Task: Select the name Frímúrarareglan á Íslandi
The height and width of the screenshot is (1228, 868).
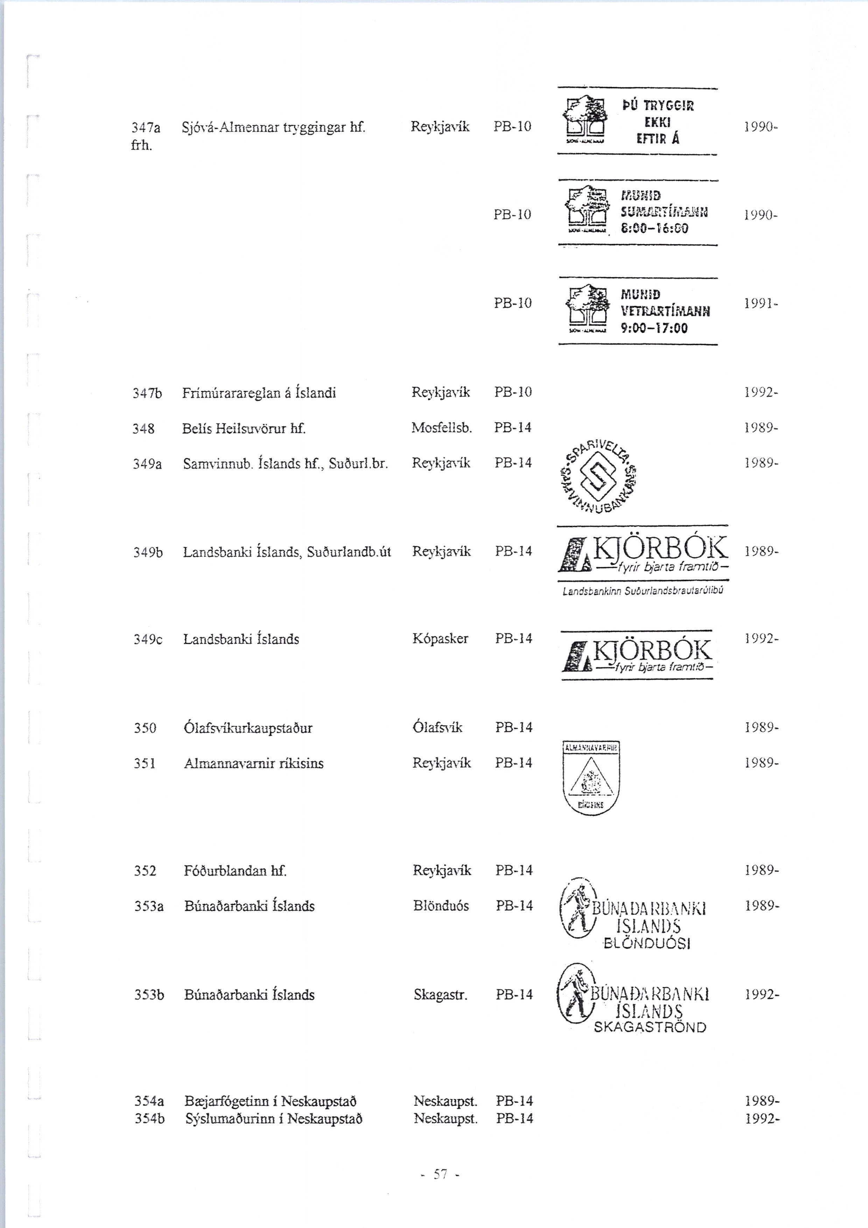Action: (259, 393)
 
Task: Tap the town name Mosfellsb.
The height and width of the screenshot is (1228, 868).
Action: (442, 428)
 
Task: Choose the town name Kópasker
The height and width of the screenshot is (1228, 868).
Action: (440, 639)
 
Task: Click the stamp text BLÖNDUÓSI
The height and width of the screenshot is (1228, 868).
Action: (646, 944)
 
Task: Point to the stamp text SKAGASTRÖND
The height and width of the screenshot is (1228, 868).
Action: (650, 1027)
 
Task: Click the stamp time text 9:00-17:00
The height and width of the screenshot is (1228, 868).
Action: (653, 327)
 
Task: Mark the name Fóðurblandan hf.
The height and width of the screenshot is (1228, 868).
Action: (235, 871)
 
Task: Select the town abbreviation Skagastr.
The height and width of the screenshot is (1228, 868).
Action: (440, 995)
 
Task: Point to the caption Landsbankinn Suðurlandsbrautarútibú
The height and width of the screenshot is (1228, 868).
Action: (643, 591)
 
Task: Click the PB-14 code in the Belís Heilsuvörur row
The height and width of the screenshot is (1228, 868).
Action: (513, 428)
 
